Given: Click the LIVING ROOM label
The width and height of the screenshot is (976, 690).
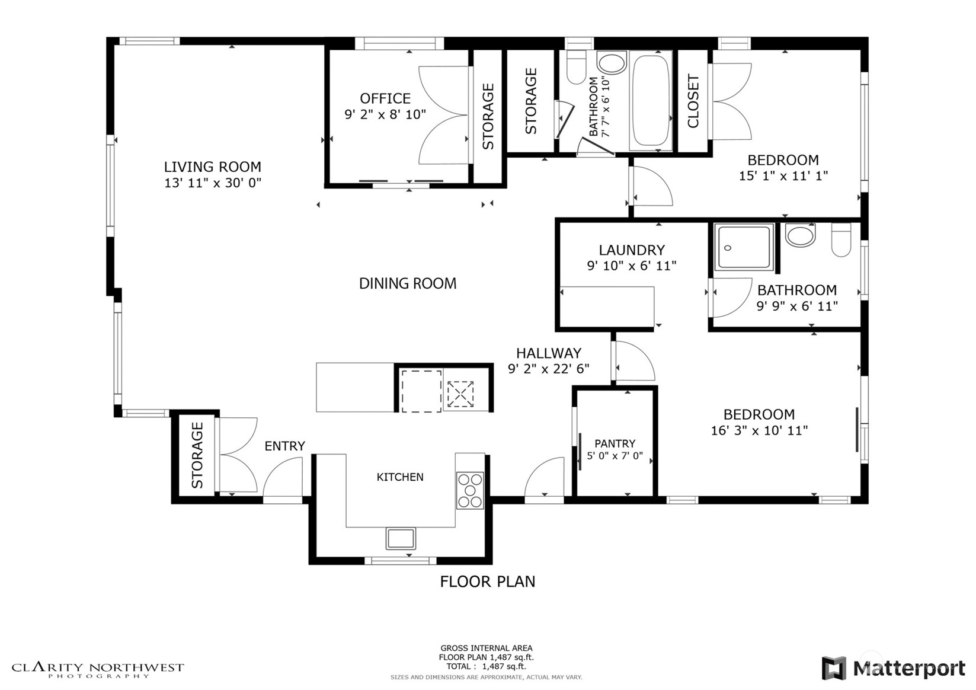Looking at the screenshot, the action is (213, 167).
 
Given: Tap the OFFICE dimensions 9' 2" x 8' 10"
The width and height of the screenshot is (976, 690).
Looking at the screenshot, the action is (385, 114).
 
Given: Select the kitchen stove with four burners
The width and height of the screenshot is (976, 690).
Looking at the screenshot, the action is (470, 490).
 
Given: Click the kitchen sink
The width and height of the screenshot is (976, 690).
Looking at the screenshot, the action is (401, 538).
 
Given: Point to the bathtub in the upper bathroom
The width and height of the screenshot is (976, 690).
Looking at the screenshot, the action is (651, 101).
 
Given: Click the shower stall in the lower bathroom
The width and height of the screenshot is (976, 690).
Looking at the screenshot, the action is (744, 247).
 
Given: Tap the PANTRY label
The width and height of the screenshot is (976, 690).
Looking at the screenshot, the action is (615, 443).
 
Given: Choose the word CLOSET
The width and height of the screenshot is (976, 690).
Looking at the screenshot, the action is (693, 101).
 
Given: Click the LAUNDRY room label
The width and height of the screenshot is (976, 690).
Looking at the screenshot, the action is (632, 250).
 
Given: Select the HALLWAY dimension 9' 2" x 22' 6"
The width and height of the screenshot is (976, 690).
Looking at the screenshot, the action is (549, 369).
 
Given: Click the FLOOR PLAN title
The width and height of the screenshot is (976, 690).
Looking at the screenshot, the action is (488, 582).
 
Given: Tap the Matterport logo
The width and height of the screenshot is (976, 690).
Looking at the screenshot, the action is (894, 667).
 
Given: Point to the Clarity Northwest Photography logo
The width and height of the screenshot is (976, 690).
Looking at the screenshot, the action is (98, 670).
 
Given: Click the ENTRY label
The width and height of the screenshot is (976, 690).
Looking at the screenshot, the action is (285, 446).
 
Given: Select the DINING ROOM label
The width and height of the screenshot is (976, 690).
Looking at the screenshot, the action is (408, 283).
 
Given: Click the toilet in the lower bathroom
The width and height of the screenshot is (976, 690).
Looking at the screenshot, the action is (841, 239).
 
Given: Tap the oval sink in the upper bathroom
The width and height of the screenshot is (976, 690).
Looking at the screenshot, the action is (612, 62).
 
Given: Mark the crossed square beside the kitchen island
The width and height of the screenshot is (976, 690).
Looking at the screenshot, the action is (460, 394).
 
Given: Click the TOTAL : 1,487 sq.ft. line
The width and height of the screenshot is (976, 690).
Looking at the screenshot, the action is (487, 666).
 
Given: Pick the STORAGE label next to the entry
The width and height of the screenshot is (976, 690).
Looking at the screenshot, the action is (197, 455).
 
